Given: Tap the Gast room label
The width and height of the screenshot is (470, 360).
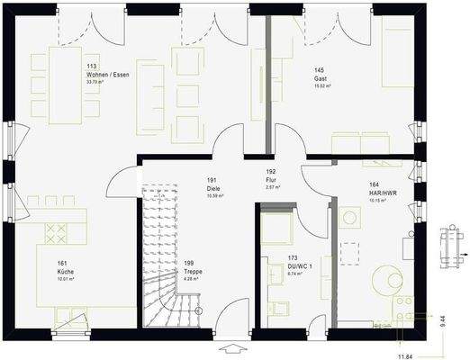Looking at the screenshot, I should tap(320, 77).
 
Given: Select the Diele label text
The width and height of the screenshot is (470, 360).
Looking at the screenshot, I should tap(214, 187).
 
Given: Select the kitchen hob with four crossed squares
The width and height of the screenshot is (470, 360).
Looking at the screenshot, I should tap(57, 231).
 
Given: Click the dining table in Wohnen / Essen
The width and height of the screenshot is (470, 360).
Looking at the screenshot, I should tap(68, 81).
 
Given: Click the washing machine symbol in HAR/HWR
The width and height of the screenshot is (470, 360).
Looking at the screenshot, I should tap(350, 217).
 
